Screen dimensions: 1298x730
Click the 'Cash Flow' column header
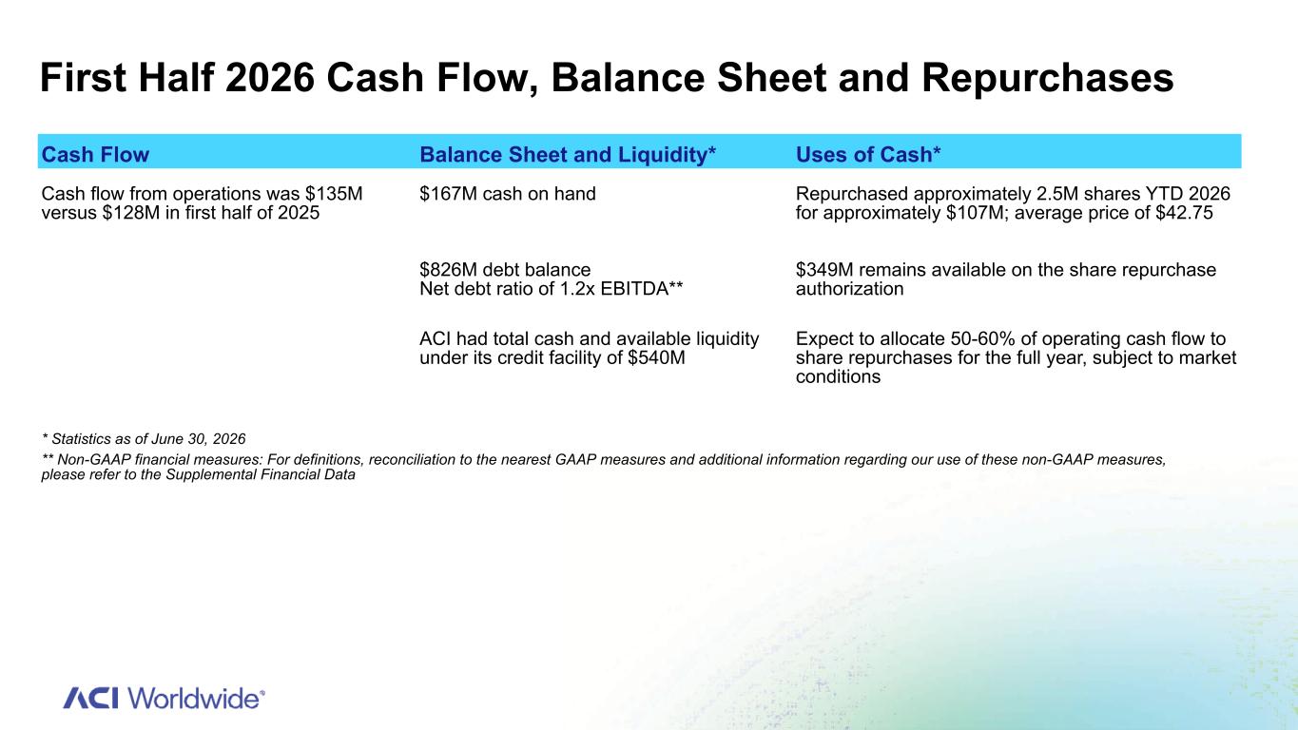pos(95,155)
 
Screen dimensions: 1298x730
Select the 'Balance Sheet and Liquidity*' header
pos(568,155)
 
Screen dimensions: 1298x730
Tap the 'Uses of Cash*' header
pos(868,155)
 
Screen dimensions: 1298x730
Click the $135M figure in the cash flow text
pos(334,194)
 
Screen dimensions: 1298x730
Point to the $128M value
pos(131,213)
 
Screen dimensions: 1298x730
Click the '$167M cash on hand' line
pos(508,194)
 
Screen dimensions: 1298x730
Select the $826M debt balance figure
pos(449,270)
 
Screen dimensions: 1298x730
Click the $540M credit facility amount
pos(656,357)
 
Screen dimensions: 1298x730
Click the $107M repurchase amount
pos(976,213)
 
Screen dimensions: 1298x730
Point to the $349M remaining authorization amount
pos(824,270)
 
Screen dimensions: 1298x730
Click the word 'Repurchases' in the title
pos(1048,78)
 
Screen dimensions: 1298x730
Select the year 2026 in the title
pos(270,78)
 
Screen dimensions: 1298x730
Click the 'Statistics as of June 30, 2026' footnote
pos(144,438)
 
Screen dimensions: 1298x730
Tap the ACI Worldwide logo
pos(164,698)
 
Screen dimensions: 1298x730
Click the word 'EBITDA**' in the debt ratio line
pos(642,289)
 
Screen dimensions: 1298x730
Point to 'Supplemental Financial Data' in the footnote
pos(261,474)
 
